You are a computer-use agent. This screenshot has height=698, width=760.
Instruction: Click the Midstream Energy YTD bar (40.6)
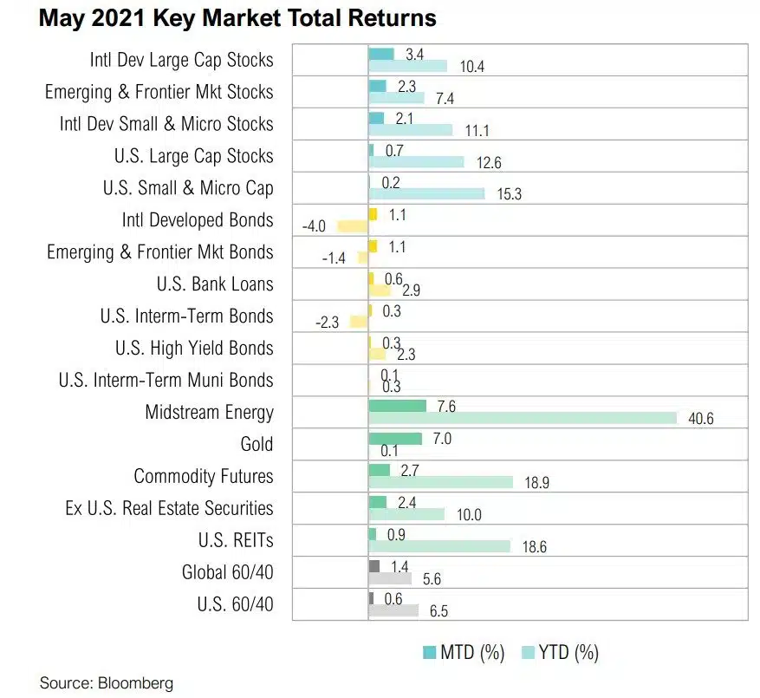click(522, 418)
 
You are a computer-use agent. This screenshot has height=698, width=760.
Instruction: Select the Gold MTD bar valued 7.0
click(395, 438)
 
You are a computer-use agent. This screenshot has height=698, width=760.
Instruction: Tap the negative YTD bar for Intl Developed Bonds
click(352, 226)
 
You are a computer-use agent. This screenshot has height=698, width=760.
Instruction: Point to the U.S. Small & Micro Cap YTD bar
click(426, 193)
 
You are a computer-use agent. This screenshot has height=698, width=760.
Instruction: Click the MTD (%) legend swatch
click(429, 652)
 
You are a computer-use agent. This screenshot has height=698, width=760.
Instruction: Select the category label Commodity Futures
click(204, 476)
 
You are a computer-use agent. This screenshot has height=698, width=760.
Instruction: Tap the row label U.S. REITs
click(236, 540)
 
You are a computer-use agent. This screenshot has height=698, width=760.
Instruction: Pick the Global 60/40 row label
click(227, 572)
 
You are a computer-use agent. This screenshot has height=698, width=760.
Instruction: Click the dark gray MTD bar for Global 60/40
click(374, 565)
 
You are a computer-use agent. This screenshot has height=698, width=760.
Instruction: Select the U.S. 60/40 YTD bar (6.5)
click(393, 610)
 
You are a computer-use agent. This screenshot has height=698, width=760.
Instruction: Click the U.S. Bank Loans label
click(215, 284)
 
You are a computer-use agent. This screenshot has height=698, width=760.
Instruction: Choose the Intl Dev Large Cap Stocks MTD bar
click(381, 54)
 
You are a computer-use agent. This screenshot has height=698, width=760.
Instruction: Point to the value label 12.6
click(486, 162)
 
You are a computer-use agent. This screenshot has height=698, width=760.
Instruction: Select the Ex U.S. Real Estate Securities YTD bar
click(406, 514)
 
